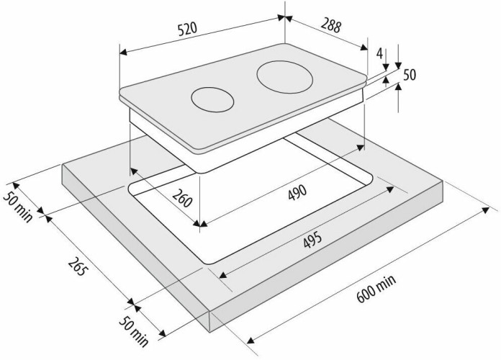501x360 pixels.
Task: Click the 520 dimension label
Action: click(188, 30)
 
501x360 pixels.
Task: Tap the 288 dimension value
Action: click(331, 25)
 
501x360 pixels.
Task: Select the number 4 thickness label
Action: click(379, 53)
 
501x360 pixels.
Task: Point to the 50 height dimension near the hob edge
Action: click(410, 75)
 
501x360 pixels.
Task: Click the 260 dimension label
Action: click(182, 198)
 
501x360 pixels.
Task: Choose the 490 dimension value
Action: click(297, 192)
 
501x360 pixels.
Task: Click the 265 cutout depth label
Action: click(77, 266)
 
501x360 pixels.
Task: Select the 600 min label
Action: click(376, 289)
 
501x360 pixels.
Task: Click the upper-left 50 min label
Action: click(18, 207)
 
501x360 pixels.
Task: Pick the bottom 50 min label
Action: click(134, 332)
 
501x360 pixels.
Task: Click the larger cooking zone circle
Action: click(284, 77)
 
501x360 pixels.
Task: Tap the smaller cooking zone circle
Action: click(212, 100)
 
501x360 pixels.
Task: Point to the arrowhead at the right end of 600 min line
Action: click(486, 210)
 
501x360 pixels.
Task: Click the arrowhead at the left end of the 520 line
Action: click(123, 52)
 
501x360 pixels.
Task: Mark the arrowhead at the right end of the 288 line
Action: click(364, 48)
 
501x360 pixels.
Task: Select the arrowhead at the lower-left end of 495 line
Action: click(223, 275)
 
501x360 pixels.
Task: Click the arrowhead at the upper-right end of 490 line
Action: click(361, 148)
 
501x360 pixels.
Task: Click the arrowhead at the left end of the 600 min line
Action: click(250, 340)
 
